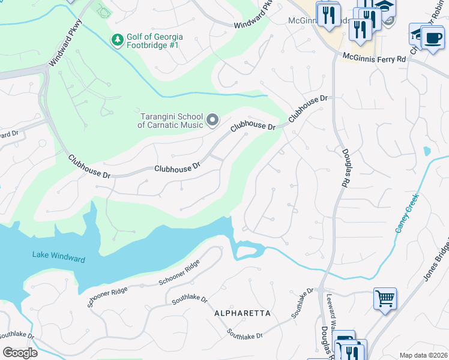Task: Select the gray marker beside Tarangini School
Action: [x=212, y=121]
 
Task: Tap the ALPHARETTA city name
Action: [x=243, y=314]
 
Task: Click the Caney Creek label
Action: [x=405, y=212]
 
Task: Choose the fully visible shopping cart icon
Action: [x=384, y=298]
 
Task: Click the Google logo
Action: [x=20, y=352]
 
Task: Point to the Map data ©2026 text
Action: [x=424, y=355]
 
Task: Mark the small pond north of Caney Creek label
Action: [x=427, y=151]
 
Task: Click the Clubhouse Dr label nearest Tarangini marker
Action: [x=252, y=127]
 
